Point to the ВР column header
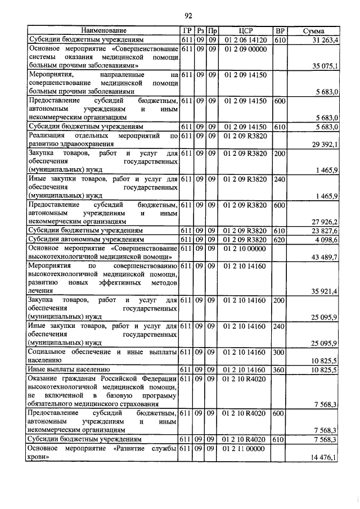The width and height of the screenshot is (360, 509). coord(279,30)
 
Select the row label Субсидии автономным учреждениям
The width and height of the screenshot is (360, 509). coord(84,239)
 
